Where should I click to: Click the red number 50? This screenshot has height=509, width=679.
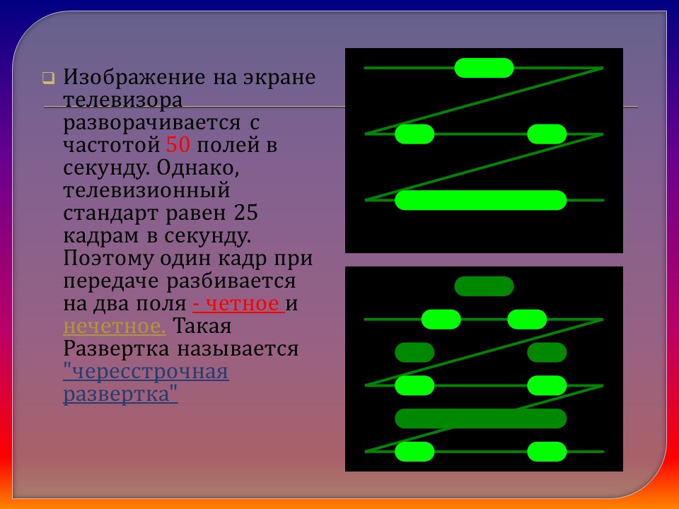pos(177,146)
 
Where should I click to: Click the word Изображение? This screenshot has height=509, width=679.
pos(132,77)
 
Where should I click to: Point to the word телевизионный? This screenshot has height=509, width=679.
pos(147,190)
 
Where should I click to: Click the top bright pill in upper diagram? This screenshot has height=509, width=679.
pos(484,68)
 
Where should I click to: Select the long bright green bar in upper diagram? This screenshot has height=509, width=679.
pos(481,200)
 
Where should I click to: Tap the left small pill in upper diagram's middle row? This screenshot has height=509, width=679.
pos(414,134)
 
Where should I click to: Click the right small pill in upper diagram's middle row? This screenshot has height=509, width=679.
pos(547,134)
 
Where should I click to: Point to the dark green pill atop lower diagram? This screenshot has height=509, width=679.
pos(484,286)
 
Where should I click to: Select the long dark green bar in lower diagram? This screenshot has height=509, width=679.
pos(481,419)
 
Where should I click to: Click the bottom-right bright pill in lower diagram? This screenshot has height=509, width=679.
pos(547,451)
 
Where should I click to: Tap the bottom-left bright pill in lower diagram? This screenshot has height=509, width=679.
pos(414,451)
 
